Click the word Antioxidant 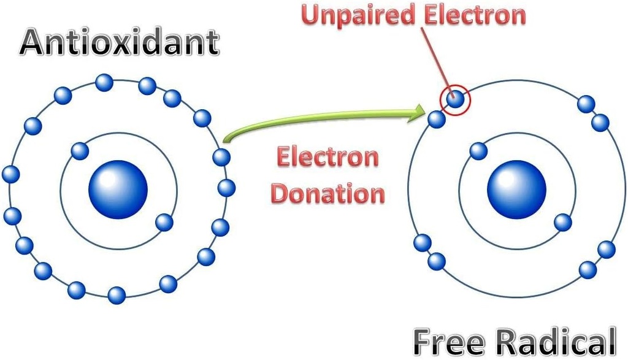(x=120, y=42)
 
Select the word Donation (x=328, y=193)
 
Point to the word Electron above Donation (x=327, y=158)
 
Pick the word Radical (x=556, y=341)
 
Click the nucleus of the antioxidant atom (x=118, y=189)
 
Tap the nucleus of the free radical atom (x=516, y=189)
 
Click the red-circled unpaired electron (x=454, y=98)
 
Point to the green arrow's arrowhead (x=420, y=110)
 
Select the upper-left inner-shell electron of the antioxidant (x=80, y=150)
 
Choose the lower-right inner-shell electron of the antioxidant (x=164, y=221)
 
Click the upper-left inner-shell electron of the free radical (x=478, y=150)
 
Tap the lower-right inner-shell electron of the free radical (x=562, y=222)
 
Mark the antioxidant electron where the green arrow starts (x=221, y=157)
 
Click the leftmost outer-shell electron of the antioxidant (x=10, y=174)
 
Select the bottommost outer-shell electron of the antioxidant (x=117, y=295)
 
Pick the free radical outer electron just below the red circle (x=437, y=120)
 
